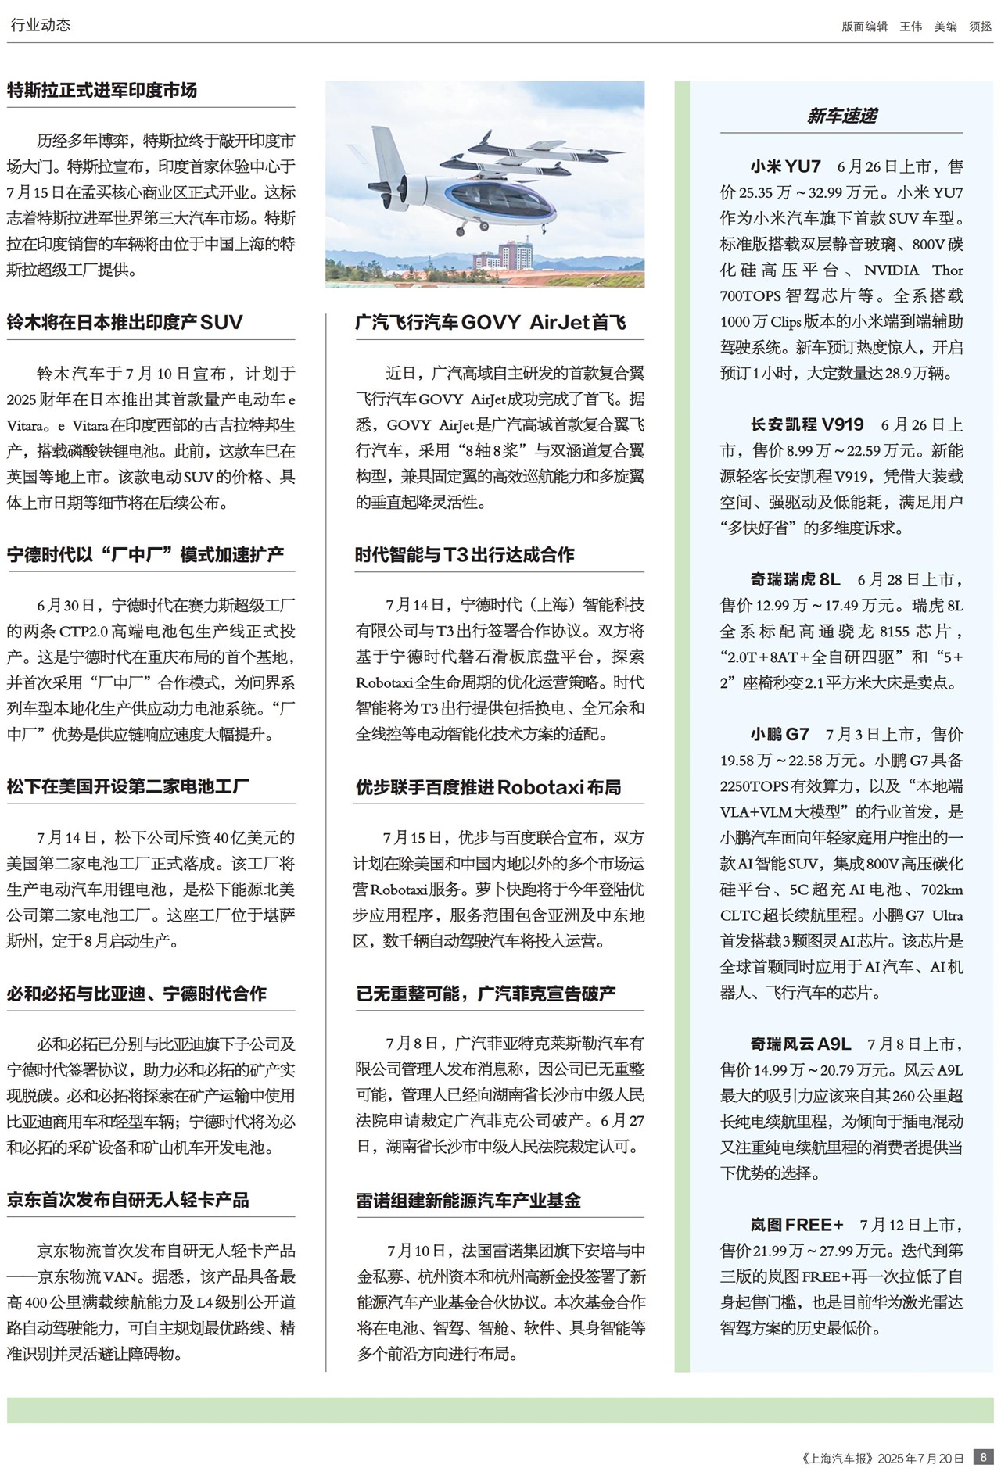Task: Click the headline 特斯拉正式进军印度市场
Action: pyautogui.click(x=102, y=91)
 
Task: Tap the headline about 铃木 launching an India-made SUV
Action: pyautogui.click(x=125, y=323)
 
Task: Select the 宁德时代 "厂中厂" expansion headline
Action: pyautogui.click(x=145, y=555)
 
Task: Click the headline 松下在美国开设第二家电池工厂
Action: pyautogui.click(x=128, y=786)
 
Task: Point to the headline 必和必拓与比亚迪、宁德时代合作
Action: pyautogui.click(x=137, y=994)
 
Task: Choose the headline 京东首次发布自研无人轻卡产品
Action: pyautogui.click(x=128, y=1200)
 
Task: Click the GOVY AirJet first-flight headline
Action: pyautogui.click(x=490, y=323)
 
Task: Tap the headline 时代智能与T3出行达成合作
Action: pyautogui.click(x=465, y=555)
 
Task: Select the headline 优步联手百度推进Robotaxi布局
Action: pyautogui.click(x=488, y=787)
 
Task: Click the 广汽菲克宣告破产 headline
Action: pyautogui.click(x=486, y=994)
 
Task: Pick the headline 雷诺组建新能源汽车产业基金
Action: pyautogui.click(x=468, y=1201)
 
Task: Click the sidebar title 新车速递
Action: pyautogui.click(x=841, y=116)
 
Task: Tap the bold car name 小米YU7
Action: pyautogui.click(x=785, y=166)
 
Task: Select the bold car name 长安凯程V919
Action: pyautogui.click(x=807, y=424)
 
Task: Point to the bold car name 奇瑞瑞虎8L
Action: pyautogui.click(x=795, y=579)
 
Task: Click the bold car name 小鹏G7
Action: pyautogui.click(x=780, y=734)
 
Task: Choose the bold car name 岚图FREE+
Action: pyautogui.click(x=797, y=1225)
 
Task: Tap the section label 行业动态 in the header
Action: pyautogui.click(x=41, y=25)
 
